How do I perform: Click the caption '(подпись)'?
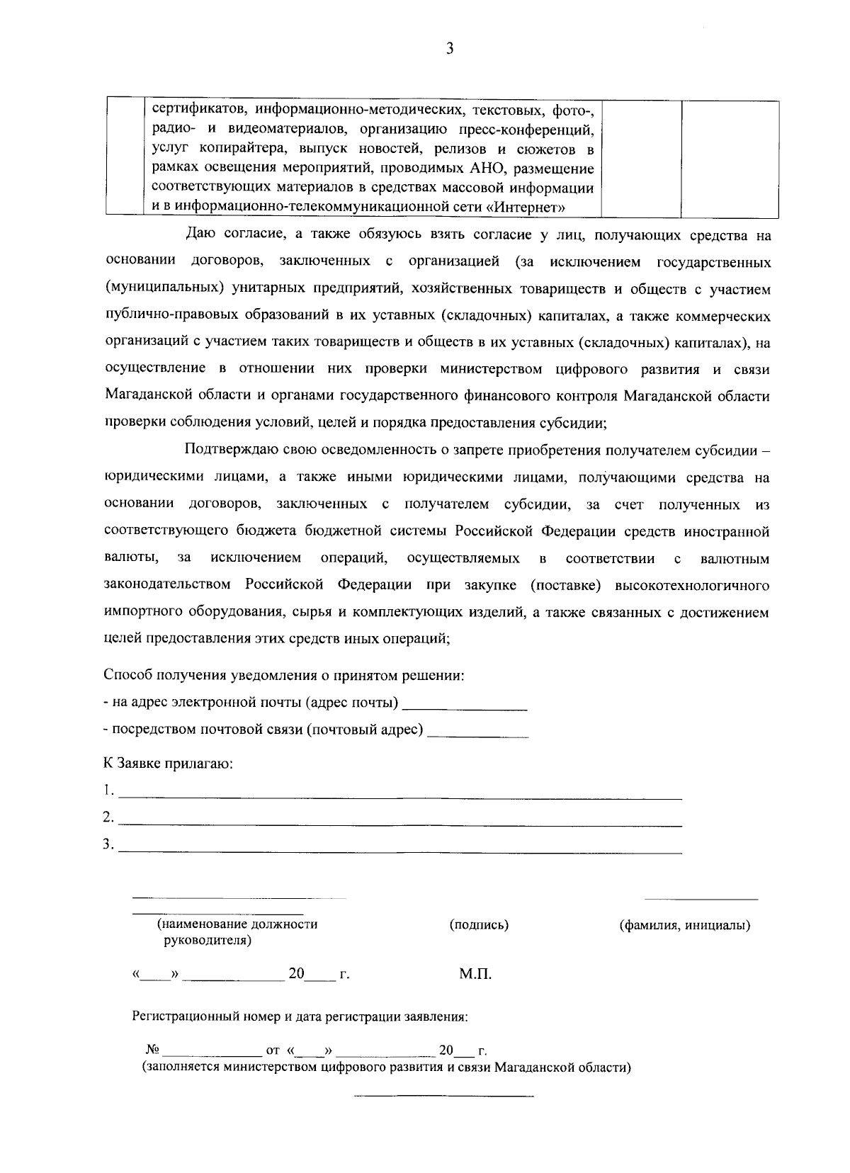pos(479,925)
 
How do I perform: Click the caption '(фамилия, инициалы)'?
pos(685,925)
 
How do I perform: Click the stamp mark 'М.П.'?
pos(475,975)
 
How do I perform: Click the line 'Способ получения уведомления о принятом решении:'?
pos(284,675)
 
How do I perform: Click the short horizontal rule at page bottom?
pos(443,1097)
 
